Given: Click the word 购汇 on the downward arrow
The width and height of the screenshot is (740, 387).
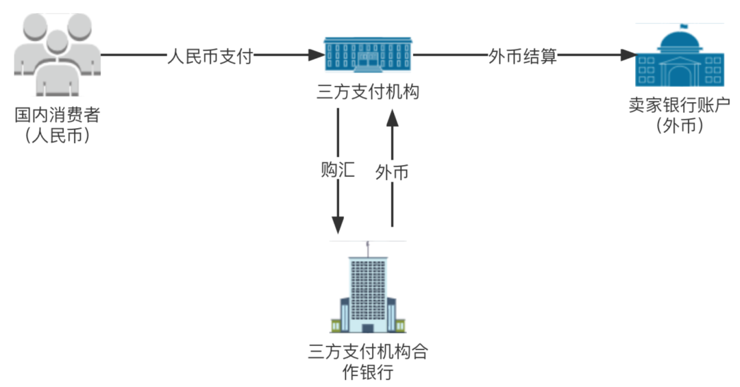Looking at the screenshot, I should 338,170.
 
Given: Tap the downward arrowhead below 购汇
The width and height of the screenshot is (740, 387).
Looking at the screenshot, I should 338,224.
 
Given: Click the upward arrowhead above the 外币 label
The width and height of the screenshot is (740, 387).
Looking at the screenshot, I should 392,117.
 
